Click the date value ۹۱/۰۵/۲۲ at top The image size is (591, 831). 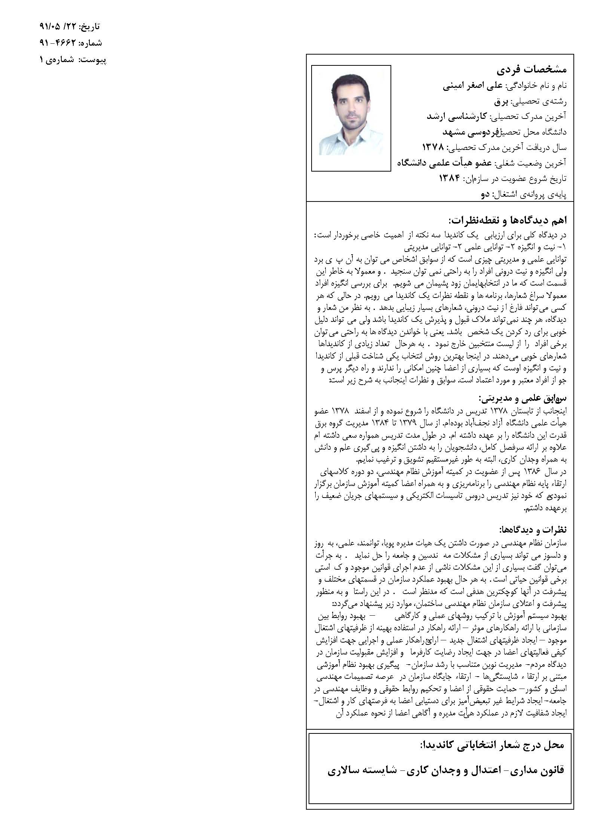click(58, 27)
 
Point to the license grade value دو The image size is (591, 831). click(485, 194)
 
